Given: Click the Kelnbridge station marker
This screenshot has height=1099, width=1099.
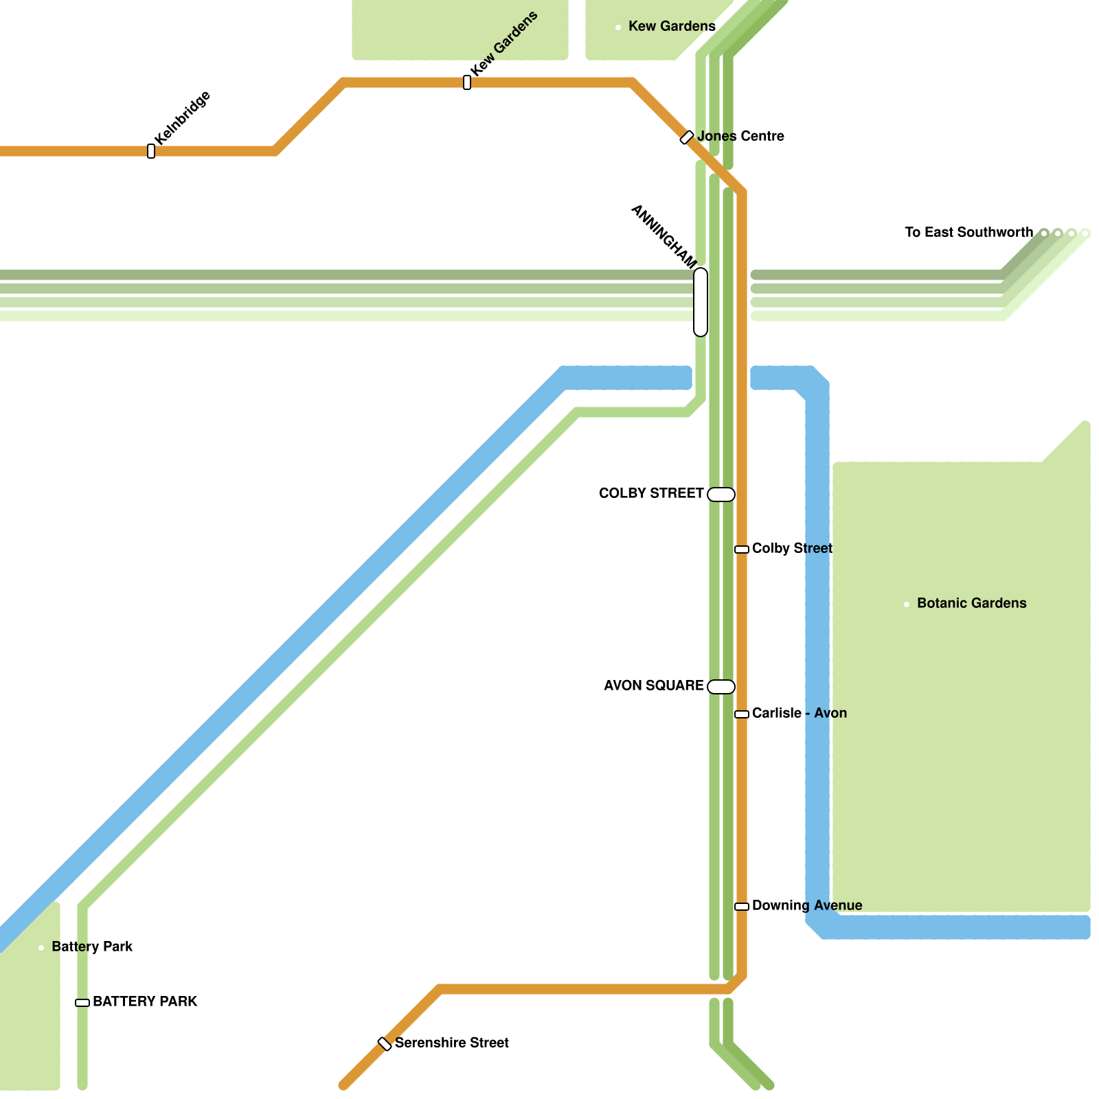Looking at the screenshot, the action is pyautogui.click(x=151, y=151).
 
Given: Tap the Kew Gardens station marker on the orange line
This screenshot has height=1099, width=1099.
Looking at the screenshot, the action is pyautogui.click(x=467, y=82).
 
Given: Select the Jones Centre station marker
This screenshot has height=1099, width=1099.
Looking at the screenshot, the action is pyautogui.click(x=687, y=137).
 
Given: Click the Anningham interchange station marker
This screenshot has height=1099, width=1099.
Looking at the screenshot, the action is pyautogui.click(x=701, y=302).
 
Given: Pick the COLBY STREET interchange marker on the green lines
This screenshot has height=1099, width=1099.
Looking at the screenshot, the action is pyautogui.click(x=721, y=495).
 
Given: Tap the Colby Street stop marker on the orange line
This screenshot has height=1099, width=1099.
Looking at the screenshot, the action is pyautogui.click(x=742, y=549).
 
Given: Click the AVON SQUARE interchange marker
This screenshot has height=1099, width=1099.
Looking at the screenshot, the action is pyautogui.click(x=721, y=687).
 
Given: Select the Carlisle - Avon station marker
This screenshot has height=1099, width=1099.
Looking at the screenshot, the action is pyautogui.click(x=742, y=714).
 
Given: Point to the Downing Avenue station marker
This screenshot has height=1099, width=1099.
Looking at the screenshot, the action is pyautogui.click(x=742, y=907).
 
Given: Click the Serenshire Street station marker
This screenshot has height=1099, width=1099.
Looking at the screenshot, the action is pyautogui.click(x=385, y=1044).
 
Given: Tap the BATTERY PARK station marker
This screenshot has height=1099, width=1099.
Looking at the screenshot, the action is pyautogui.click(x=82, y=1003).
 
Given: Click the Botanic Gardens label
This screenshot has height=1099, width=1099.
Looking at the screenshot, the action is pyautogui.click(x=971, y=603).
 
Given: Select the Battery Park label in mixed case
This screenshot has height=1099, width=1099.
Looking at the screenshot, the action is pyautogui.click(x=92, y=947).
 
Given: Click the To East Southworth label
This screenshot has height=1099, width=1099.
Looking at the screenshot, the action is pyautogui.click(x=968, y=232).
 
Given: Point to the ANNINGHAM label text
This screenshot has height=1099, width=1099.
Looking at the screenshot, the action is pyautogui.click(x=664, y=236).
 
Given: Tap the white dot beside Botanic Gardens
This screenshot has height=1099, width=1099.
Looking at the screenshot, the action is pyautogui.click(x=907, y=604).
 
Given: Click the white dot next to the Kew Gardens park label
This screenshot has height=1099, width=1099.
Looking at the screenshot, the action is pyautogui.click(x=618, y=27).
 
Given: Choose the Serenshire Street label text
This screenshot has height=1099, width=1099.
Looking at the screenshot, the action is pyautogui.click(x=451, y=1043).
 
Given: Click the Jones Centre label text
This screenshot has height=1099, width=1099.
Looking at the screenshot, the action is pyautogui.click(x=740, y=136).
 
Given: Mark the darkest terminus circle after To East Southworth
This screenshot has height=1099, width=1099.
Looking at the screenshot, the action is pyautogui.click(x=1044, y=234).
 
